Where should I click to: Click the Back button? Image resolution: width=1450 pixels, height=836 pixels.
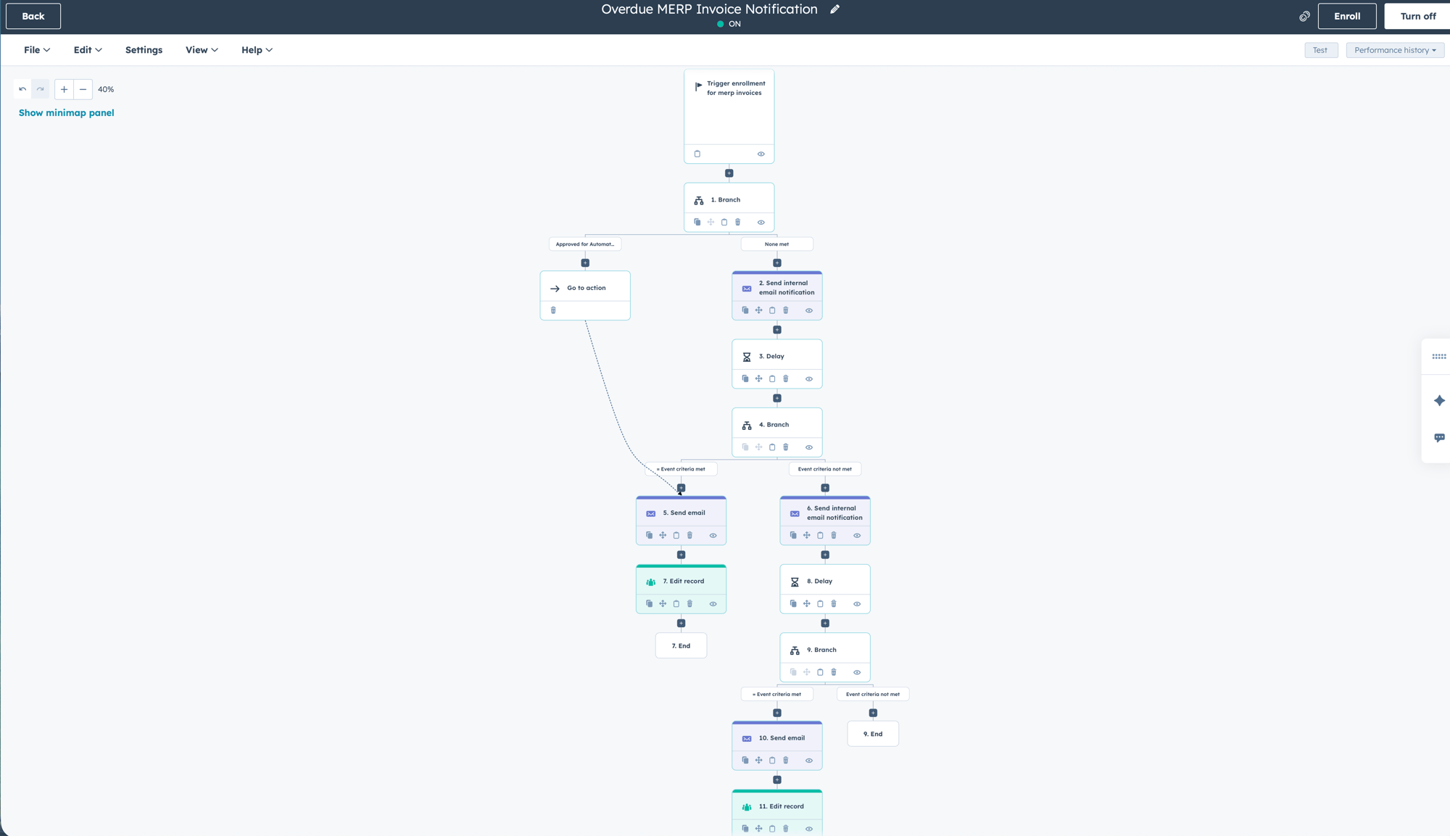coord(33,16)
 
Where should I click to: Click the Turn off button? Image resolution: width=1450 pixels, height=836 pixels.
coord(1417,16)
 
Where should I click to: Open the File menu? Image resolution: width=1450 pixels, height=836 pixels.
coord(36,50)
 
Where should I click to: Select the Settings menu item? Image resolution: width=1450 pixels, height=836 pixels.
coord(144,50)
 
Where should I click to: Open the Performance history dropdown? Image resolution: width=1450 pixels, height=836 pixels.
coord(1394,50)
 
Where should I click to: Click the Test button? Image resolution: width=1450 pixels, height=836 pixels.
coord(1320,50)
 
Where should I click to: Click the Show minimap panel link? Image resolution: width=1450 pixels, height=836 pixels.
coord(66,112)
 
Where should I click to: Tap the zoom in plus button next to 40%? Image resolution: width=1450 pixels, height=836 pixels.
coord(64,89)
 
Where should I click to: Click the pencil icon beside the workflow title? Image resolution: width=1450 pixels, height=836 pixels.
coord(834,9)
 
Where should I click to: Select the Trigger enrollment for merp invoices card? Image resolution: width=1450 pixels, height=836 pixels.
coord(729,109)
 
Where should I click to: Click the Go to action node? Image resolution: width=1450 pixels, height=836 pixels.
coord(585,288)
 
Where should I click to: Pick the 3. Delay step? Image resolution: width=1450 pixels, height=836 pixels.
coord(776,356)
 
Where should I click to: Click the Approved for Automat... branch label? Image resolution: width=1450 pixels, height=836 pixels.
coord(584,244)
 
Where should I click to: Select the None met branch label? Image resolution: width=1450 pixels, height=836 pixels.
coord(776,244)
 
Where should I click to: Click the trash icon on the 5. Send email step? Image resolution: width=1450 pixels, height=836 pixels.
coord(689,535)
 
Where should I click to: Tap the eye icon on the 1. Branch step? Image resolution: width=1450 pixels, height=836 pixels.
coord(761,223)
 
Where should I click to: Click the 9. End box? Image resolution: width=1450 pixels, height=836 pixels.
coord(872,734)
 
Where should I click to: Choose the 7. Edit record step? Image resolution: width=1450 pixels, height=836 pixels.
coord(681,581)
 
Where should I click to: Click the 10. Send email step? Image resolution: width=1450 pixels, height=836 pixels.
coord(776,737)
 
